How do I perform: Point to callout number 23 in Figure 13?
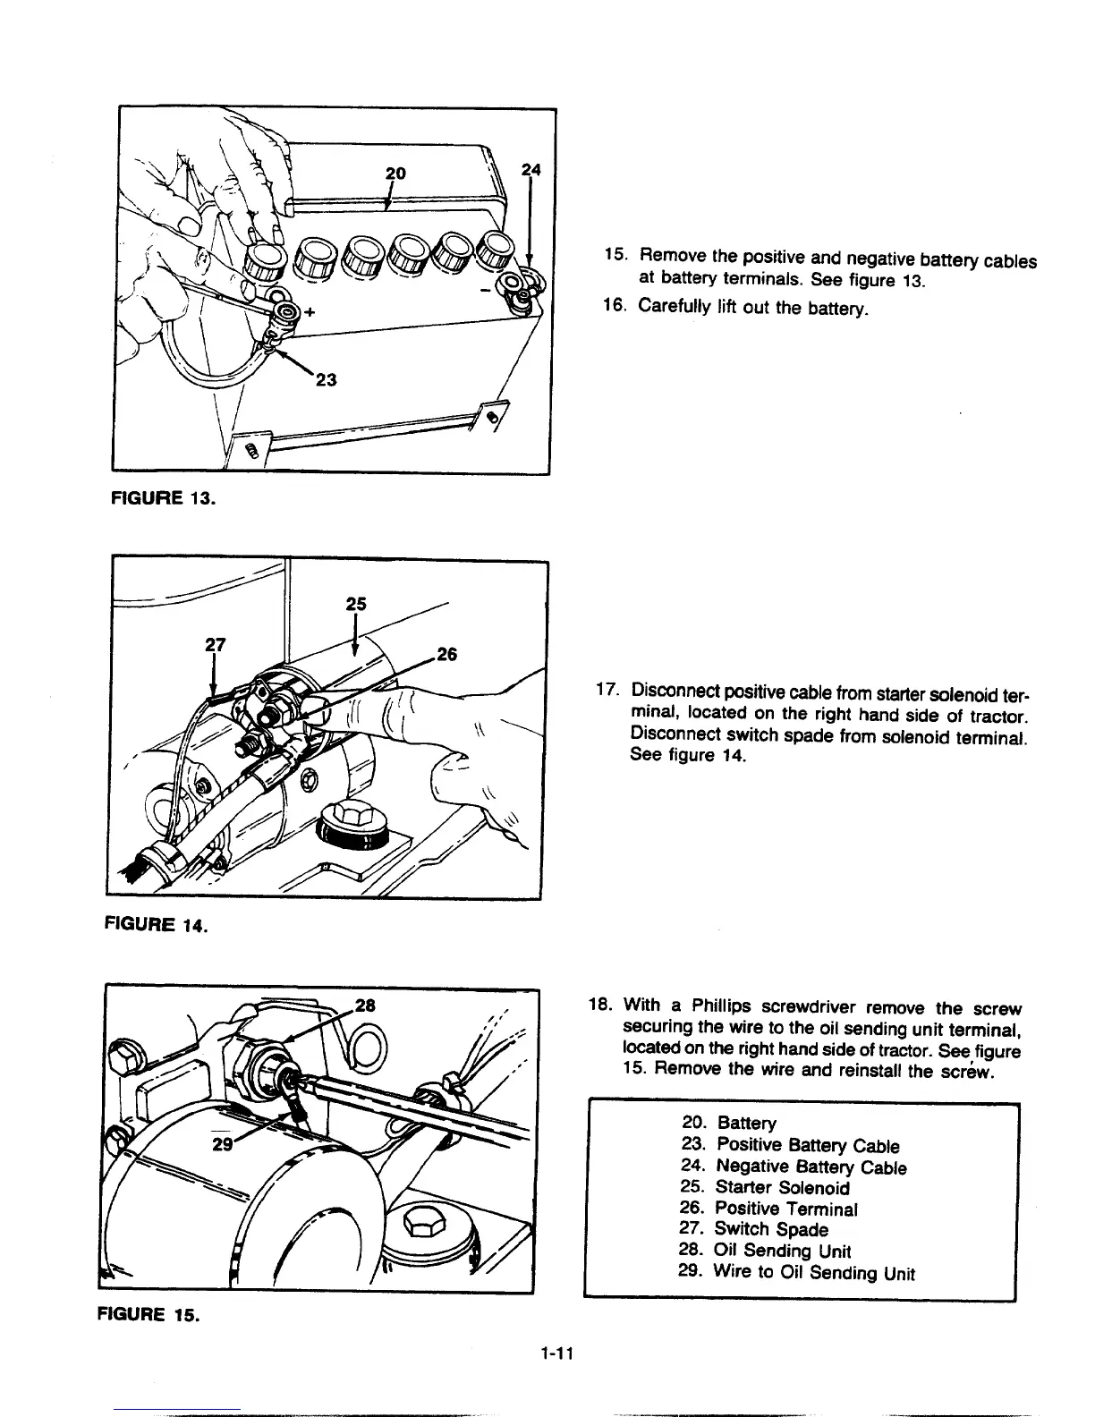(x=326, y=379)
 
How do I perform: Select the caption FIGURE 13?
(x=164, y=498)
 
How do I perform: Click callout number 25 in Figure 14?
(x=356, y=604)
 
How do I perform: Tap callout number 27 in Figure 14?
(x=215, y=644)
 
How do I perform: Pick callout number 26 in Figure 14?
(x=446, y=655)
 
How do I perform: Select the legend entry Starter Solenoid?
(x=780, y=1188)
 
